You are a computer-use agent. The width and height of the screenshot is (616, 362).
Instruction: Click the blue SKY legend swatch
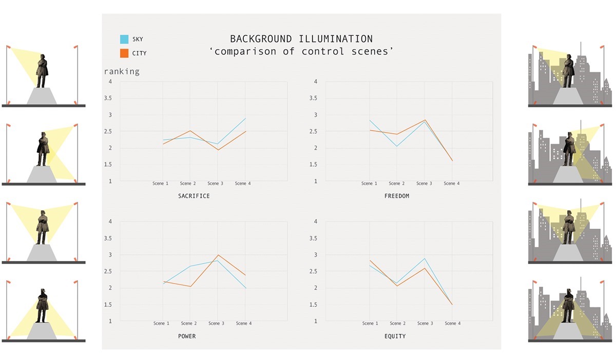124,39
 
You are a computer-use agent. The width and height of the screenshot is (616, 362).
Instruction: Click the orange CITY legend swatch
124,53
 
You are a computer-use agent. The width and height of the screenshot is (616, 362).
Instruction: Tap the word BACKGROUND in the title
261,39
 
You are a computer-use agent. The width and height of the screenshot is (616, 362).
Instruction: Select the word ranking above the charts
122,72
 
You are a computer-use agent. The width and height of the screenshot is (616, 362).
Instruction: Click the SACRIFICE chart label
194,196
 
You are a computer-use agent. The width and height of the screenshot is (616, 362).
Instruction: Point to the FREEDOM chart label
396,196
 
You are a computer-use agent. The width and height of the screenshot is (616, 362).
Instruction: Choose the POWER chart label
187,336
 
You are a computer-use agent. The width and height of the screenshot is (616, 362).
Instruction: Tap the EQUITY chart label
395,336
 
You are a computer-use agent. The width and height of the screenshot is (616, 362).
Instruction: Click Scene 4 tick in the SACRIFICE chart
242,184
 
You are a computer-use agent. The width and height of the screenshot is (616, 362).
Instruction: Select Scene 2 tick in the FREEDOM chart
396,184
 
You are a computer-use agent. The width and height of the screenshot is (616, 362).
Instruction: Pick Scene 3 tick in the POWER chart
216,324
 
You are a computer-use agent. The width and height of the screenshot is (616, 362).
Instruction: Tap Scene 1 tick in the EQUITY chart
370,324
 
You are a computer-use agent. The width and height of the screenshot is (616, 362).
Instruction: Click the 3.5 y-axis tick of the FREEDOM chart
313,98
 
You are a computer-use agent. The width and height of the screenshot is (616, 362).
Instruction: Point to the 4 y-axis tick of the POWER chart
110,222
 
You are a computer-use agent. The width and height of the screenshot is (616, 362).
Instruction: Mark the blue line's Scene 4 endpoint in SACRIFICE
245,118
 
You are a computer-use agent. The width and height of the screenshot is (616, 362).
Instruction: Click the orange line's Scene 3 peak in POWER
218,255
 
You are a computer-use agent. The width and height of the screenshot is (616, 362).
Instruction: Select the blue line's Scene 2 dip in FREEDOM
397,146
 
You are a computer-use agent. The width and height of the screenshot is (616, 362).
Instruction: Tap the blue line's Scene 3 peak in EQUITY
425,258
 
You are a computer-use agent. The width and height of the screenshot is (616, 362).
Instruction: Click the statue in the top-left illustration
42,71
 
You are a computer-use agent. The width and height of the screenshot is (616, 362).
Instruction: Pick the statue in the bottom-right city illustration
568,306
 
